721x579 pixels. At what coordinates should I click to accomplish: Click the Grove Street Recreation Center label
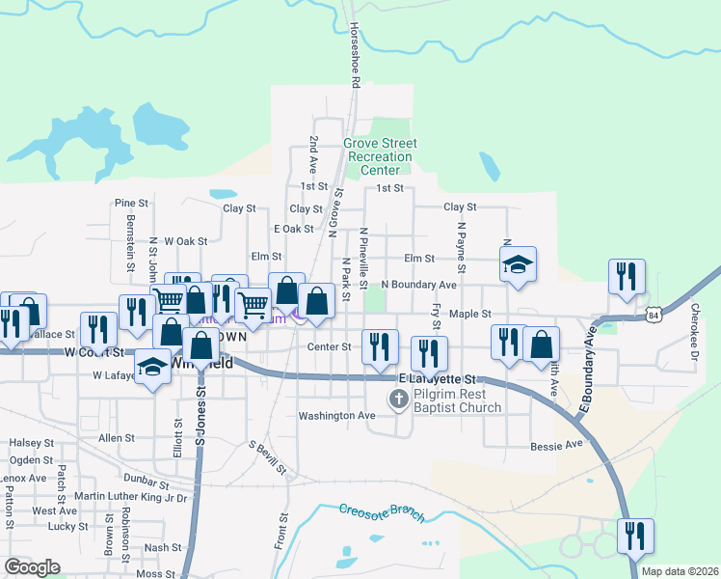[381, 157]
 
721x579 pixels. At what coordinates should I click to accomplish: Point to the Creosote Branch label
[382, 512]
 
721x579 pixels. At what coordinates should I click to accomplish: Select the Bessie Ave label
[557, 445]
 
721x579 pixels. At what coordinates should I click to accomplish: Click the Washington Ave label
[336, 416]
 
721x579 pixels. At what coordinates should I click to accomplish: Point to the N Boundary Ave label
[418, 285]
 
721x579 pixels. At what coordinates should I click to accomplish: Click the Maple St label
[470, 314]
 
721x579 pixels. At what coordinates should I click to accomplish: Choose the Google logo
[32, 567]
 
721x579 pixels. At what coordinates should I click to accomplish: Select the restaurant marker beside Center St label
[380, 346]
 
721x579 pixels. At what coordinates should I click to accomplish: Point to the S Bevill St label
[267, 458]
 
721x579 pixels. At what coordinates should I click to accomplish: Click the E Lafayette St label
[438, 379]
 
